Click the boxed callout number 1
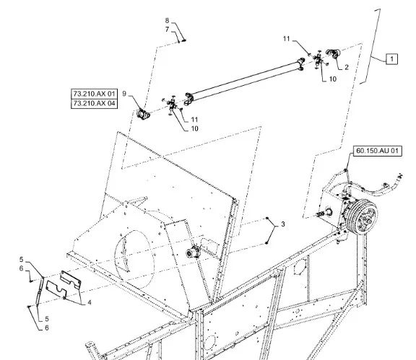392,59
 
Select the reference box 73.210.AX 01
94,94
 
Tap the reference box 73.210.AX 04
94,103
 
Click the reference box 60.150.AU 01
378,151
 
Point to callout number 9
124,94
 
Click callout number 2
346,67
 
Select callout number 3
283,224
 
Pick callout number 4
90,302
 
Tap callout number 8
167,20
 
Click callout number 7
167,30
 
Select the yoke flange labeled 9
143,114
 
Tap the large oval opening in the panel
134,260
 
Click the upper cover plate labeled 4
70,279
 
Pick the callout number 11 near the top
286,39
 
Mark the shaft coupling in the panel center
193,251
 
